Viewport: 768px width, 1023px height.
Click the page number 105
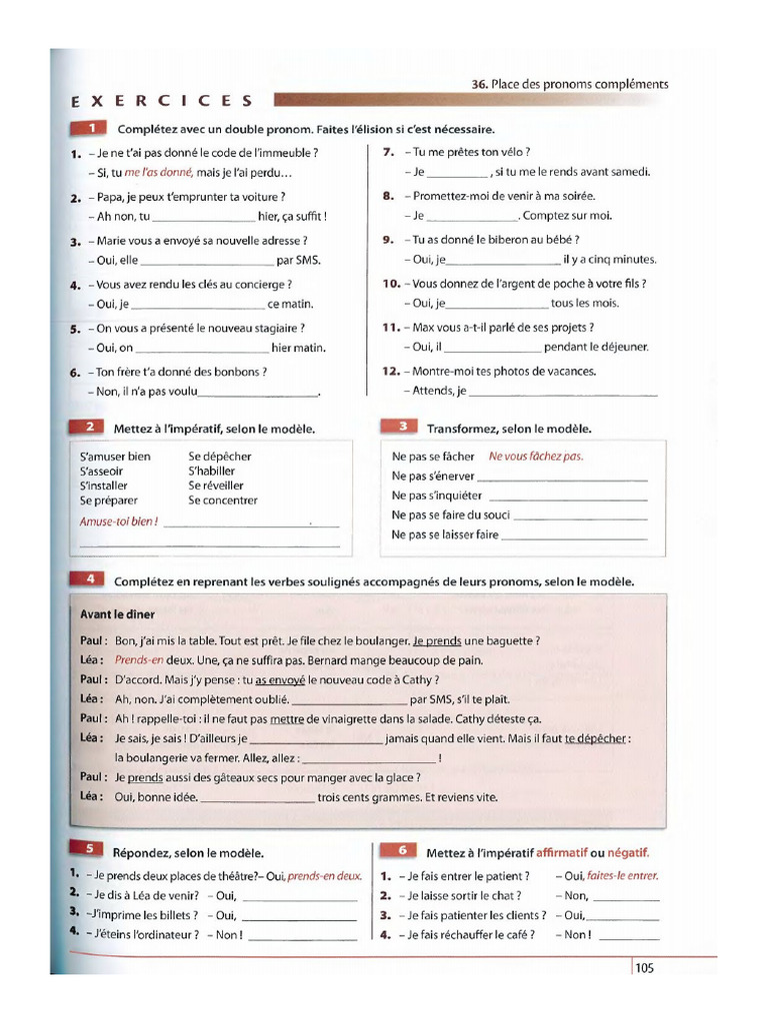(x=643, y=967)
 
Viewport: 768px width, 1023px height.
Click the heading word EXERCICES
(x=163, y=101)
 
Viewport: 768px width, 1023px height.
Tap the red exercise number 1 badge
(x=91, y=129)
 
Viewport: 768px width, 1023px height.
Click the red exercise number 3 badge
(x=403, y=427)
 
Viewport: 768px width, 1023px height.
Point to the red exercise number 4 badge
(x=90, y=579)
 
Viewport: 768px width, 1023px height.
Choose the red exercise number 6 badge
(x=402, y=851)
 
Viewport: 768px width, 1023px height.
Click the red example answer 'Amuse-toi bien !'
(x=118, y=521)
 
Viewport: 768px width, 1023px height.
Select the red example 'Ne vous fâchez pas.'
(x=535, y=457)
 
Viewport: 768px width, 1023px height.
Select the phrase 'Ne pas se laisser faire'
(x=445, y=534)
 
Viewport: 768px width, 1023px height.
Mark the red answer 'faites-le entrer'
(x=622, y=876)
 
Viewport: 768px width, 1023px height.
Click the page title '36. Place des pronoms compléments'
(x=569, y=84)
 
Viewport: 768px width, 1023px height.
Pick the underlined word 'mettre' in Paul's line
(x=287, y=718)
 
